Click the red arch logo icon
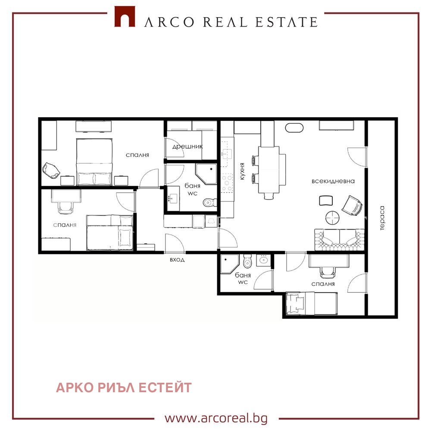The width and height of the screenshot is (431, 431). [x=125, y=16]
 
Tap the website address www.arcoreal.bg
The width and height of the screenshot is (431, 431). [x=216, y=418]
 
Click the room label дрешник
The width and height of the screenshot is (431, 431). [x=187, y=147]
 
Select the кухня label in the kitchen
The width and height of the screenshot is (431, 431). [x=242, y=172]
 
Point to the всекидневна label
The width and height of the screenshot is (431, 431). [x=333, y=181]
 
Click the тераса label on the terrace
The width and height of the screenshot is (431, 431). [x=382, y=218]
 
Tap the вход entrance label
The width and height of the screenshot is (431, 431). [x=177, y=260]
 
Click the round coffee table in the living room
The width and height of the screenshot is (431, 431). [x=332, y=218]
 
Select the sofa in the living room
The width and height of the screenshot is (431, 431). [x=340, y=239]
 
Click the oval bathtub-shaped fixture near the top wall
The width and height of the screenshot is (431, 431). [x=294, y=128]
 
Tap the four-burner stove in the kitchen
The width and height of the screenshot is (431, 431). [x=227, y=182]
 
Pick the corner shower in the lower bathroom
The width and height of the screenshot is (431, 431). [x=230, y=264]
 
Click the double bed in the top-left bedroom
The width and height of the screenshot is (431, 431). [x=94, y=162]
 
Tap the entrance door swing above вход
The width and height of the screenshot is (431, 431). [x=175, y=243]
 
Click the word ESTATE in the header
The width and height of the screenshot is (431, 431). [x=287, y=22]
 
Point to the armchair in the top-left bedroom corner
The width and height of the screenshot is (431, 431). [x=51, y=170]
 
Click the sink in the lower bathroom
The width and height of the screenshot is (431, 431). [x=264, y=260]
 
